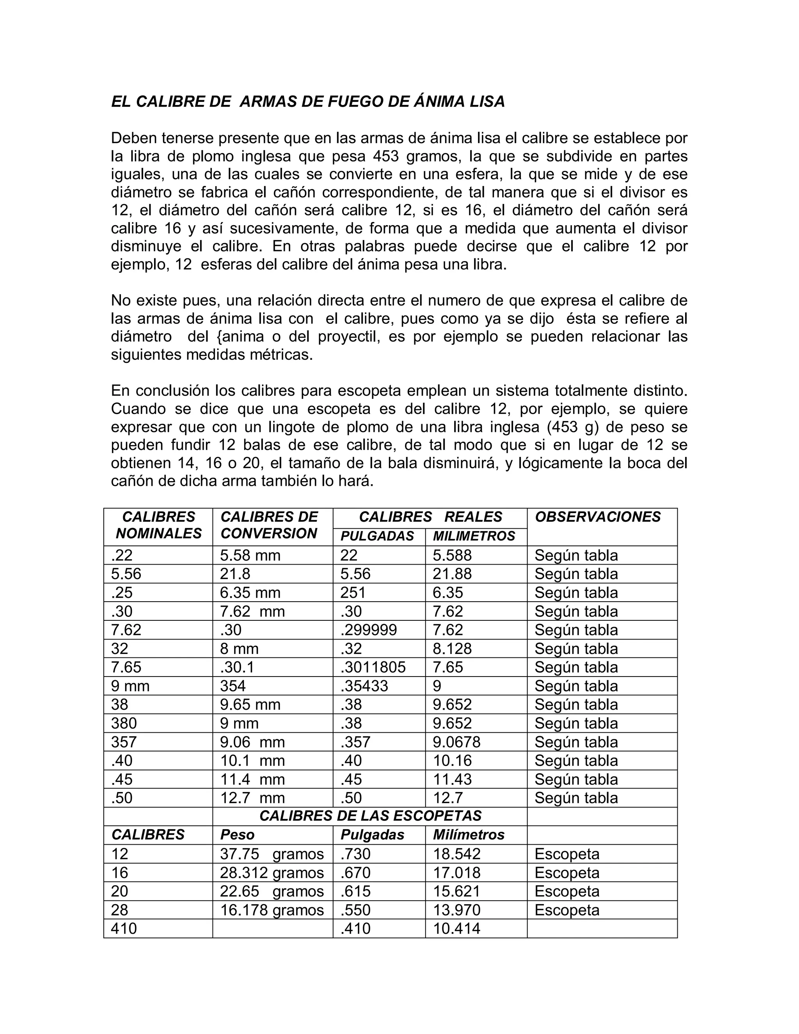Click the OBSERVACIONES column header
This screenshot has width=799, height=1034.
[597, 517]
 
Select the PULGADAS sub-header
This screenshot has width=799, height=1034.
[377, 536]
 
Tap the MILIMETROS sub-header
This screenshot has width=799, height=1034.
[474, 536]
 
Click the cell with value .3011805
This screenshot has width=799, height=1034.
[373, 667]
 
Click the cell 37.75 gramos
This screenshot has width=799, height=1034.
[272, 854]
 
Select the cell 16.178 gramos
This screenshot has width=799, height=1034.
[272, 910]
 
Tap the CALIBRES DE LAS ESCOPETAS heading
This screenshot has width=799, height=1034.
[370, 816]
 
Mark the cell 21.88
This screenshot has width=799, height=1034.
[452, 574]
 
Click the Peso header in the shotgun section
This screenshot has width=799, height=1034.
[237, 835]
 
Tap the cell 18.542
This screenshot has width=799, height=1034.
[456, 854]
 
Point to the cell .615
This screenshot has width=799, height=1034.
[355, 891]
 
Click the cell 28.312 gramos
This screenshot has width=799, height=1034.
[272, 872]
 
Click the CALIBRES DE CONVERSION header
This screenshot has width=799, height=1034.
[269, 525]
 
